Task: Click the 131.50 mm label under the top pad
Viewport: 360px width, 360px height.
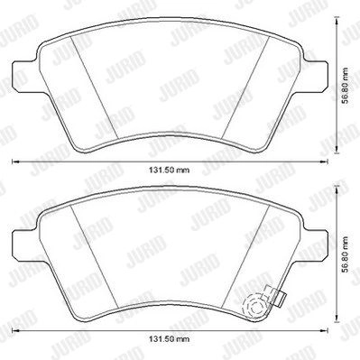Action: [x=170, y=171]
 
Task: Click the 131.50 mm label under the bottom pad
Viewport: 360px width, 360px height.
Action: [x=170, y=339]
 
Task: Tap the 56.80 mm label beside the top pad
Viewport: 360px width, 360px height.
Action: [x=346, y=86]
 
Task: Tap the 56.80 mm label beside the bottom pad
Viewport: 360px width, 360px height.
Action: [x=346, y=254]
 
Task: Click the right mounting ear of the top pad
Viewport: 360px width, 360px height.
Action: [x=315, y=76]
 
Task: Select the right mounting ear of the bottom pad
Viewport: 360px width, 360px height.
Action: [x=315, y=245]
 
